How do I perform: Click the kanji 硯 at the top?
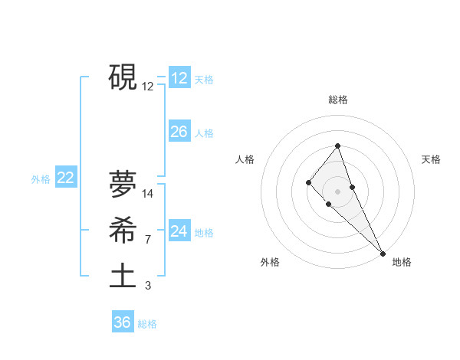click(x=123, y=77)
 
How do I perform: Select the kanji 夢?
click(x=123, y=185)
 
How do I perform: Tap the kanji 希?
click(x=123, y=230)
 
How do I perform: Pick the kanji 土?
click(x=123, y=276)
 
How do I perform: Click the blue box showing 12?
click(x=179, y=78)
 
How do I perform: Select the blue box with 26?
click(x=179, y=132)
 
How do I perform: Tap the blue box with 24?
click(x=179, y=231)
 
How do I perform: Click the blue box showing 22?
click(x=66, y=178)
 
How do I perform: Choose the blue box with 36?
click(x=123, y=322)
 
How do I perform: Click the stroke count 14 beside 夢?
click(x=148, y=194)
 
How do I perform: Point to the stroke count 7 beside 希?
click(x=147, y=240)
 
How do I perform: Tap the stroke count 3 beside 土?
click(x=147, y=286)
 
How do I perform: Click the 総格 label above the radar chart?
click(x=338, y=100)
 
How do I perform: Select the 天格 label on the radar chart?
click(x=431, y=159)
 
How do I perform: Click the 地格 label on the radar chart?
click(x=402, y=262)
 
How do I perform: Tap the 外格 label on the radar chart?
click(x=270, y=262)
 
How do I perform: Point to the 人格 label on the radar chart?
click(x=245, y=159)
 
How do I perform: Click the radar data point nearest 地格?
click(x=382, y=253)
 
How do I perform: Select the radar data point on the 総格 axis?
click(x=337, y=146)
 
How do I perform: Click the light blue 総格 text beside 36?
click(x=147, y=324)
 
